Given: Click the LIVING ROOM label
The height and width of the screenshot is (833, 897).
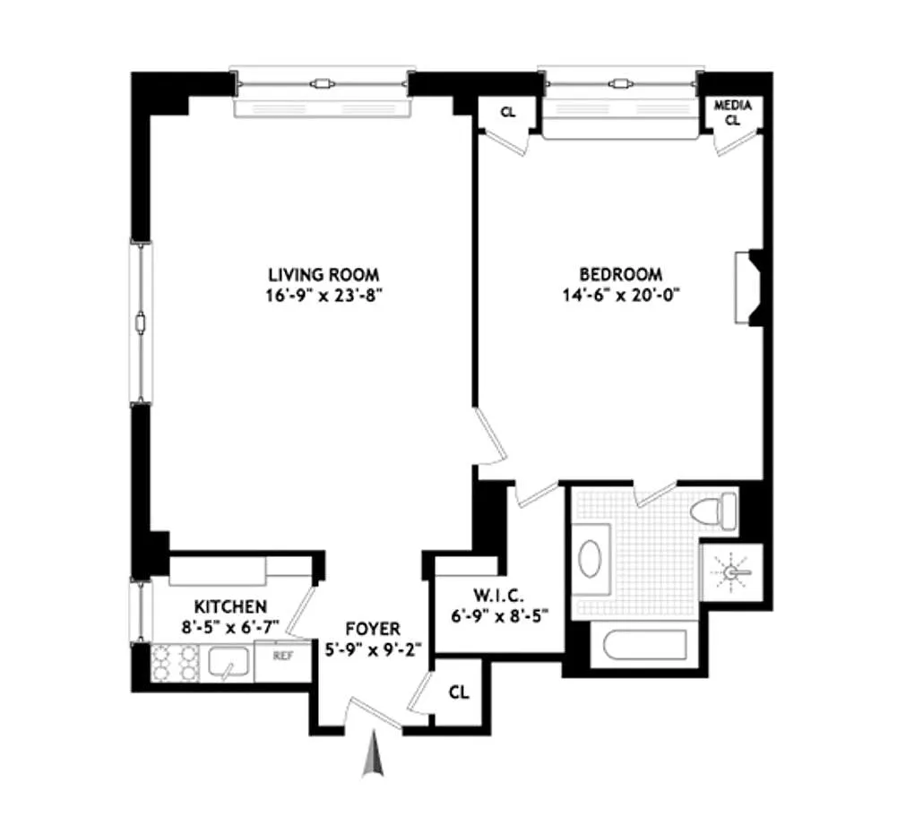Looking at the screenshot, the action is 323,274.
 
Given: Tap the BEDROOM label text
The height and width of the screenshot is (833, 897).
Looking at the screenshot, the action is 621,274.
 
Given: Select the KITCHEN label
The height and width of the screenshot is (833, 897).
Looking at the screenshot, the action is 230,606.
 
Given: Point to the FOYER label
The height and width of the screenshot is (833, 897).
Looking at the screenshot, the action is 373,629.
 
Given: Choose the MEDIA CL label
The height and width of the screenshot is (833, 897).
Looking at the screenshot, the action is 733,113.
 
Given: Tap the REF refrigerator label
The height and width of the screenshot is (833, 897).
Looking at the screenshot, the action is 283,656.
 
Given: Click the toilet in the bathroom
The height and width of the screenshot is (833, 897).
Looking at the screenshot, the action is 714,510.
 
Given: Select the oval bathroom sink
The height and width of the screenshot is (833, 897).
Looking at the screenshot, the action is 591,559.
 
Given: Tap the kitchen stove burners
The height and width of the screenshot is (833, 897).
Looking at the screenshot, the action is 174,662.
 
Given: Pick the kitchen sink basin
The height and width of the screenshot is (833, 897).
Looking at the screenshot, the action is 227,662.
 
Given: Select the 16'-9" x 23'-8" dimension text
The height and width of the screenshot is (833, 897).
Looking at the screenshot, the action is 323,296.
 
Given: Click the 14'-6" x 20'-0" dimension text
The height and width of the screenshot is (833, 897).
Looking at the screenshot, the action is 621,296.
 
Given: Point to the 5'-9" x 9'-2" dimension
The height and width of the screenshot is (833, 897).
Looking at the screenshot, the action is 373,650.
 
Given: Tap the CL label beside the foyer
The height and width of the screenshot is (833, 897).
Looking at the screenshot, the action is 459,692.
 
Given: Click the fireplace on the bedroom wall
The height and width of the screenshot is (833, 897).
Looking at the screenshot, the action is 748,288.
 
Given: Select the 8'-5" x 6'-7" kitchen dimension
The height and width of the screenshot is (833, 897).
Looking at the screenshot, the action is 230,627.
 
